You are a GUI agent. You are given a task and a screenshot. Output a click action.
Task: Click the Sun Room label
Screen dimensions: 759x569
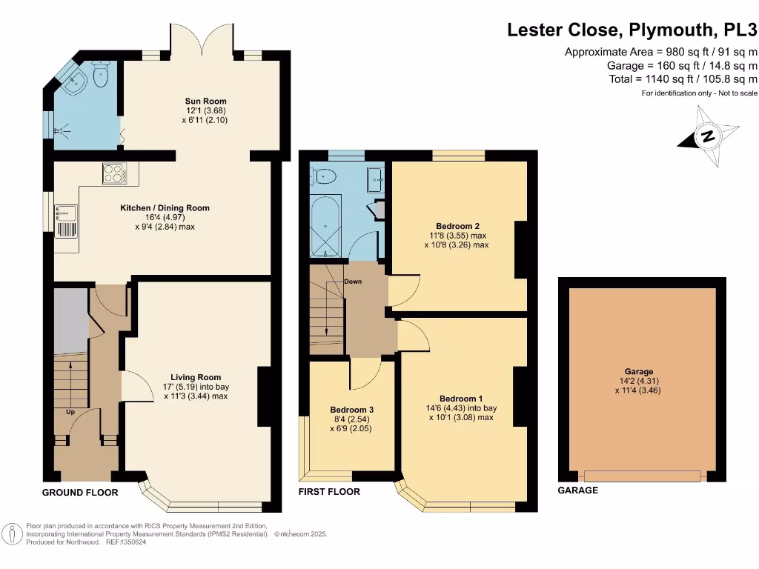point(206,101)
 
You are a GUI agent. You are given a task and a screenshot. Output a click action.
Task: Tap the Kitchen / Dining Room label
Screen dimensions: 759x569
point(165,208)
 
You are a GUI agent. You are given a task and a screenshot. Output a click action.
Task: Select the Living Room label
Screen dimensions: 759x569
point(196,377)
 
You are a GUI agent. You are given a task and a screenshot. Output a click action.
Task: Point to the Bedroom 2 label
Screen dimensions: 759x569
point(457,226)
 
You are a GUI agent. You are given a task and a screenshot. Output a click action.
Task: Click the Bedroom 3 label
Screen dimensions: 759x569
point(352,410)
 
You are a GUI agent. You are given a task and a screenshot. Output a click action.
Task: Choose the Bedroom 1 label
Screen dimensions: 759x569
point(461,399)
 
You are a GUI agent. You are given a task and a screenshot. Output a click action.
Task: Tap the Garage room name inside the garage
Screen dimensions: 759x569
point(638,372)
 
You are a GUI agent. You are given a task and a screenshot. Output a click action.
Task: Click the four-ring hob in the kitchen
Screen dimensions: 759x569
point(115,173)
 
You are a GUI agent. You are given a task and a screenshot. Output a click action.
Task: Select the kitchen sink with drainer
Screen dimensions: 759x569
point(66,221)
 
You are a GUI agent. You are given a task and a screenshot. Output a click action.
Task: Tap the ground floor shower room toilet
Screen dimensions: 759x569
point(101,75)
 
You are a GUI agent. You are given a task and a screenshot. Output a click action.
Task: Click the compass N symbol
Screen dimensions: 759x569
point(708,136)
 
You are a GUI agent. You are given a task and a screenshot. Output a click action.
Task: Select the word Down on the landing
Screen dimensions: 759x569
point(353,282)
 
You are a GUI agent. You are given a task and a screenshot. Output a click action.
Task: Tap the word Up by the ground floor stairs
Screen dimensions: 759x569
point(70,412)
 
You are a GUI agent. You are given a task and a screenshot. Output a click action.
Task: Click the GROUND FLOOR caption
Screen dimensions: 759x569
point(80,493)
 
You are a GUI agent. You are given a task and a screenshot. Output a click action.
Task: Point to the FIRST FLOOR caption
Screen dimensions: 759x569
point(329,492)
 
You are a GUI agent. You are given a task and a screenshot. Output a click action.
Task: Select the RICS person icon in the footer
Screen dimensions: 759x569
point(13,534)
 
